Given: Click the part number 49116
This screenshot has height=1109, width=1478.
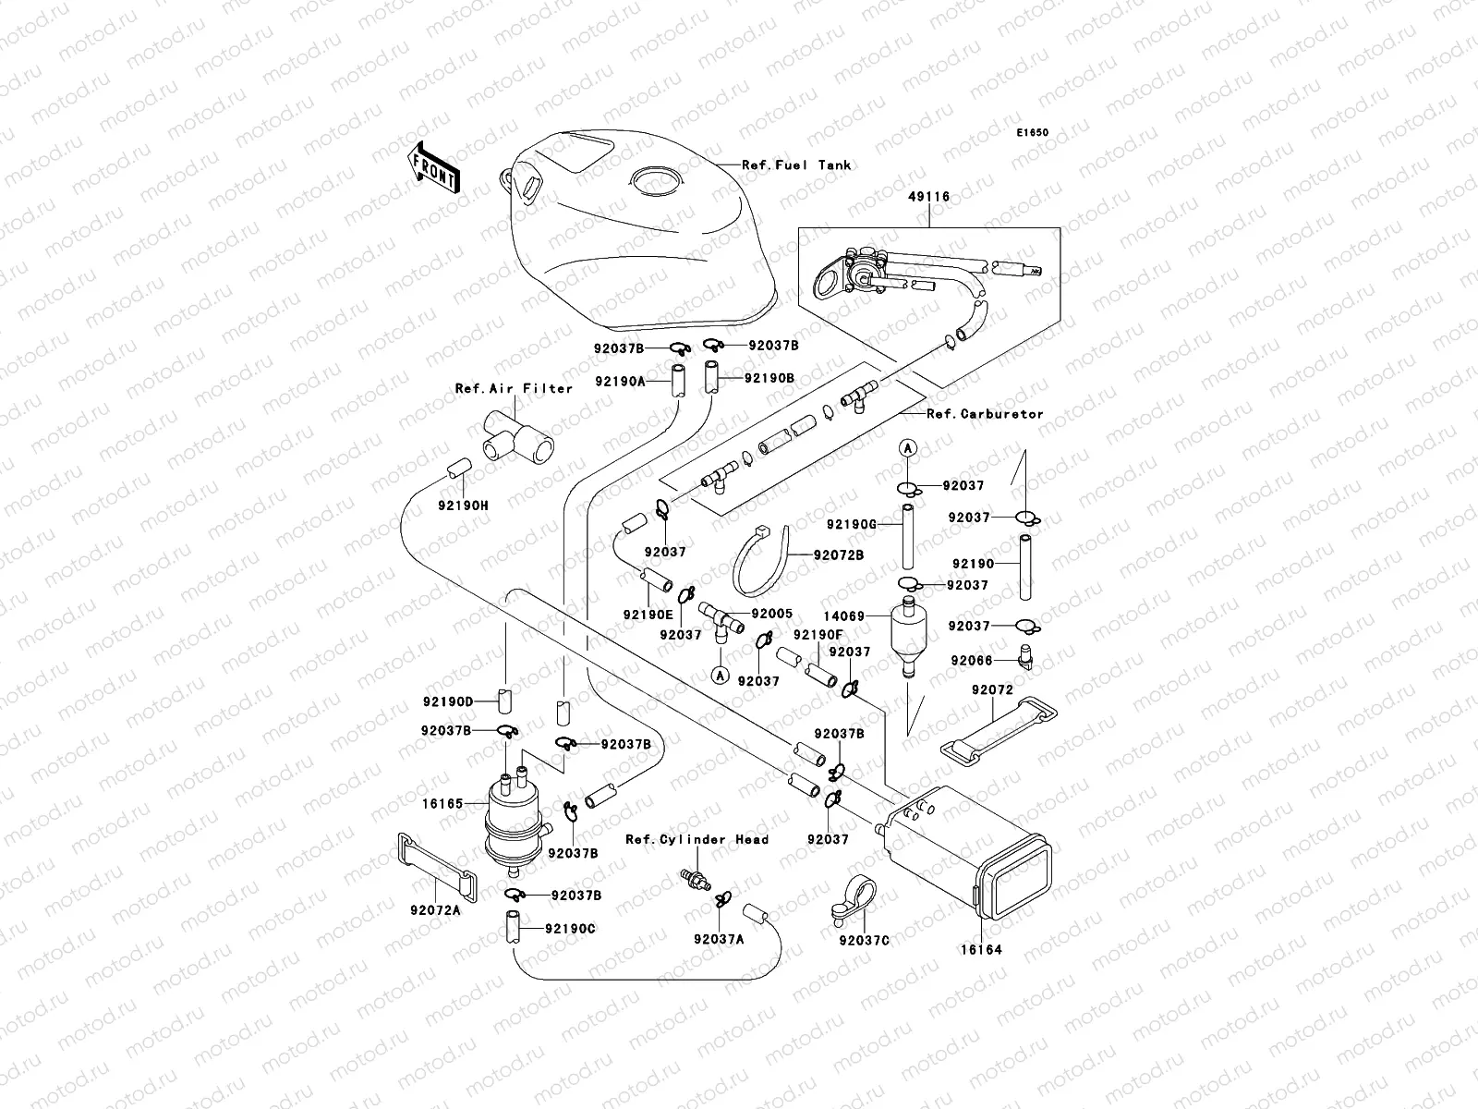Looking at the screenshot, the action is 929,197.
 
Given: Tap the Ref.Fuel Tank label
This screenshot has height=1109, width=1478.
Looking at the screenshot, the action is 796,165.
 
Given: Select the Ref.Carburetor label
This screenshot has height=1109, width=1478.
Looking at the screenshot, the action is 985,414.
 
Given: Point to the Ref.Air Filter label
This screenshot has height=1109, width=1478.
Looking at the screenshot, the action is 514,388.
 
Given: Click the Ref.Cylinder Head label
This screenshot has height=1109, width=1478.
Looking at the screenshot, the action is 697,840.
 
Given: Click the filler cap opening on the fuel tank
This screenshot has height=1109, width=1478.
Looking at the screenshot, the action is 655,181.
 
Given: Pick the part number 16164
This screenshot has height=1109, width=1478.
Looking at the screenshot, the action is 981,949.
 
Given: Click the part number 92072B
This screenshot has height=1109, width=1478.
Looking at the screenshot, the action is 839,555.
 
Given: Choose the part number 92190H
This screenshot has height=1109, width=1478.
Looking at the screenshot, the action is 464,505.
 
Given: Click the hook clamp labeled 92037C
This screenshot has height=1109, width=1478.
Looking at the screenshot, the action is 854,900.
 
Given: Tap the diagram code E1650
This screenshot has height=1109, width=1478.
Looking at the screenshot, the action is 1032,133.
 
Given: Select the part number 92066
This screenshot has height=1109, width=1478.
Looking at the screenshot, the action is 972,661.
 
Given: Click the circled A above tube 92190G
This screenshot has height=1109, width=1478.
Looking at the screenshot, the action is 908,448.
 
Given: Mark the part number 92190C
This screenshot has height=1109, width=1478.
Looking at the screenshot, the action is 570,929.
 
